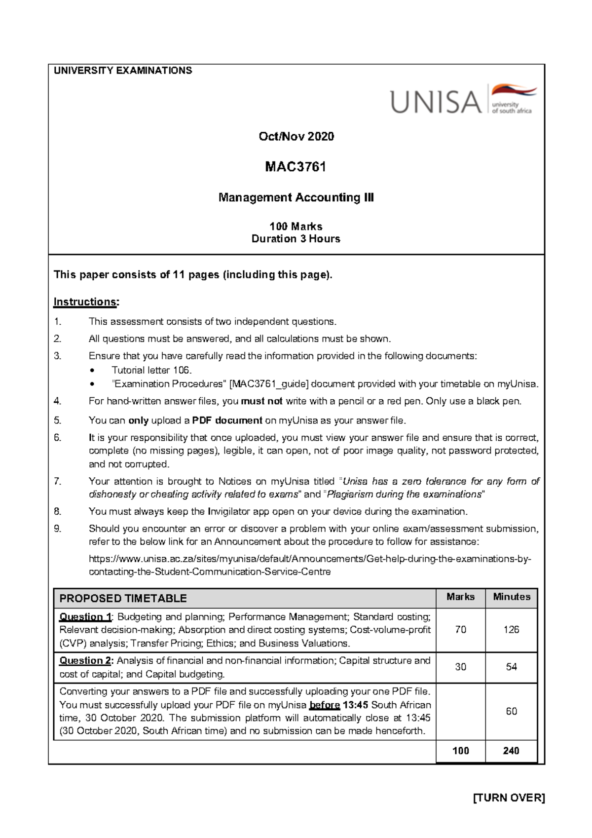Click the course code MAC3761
coord(296,167)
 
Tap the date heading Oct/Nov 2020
coord(296,137)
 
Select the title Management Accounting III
coord(296,197)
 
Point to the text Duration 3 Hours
coord(296,239)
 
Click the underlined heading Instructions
coord(86,302)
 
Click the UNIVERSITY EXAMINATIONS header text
coord(123,71)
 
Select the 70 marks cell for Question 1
coord(460,630)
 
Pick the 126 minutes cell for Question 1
coord(511,630)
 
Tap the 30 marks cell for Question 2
coord(460,667)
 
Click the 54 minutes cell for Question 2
coord(511,667)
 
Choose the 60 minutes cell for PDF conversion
coord(511,711)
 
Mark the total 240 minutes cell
coord(511,751)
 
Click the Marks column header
coord(460,597)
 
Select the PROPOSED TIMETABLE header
coord(123,599)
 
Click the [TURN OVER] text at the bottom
coord(509,798)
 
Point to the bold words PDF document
coord(227,420)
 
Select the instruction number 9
coord(58,529)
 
